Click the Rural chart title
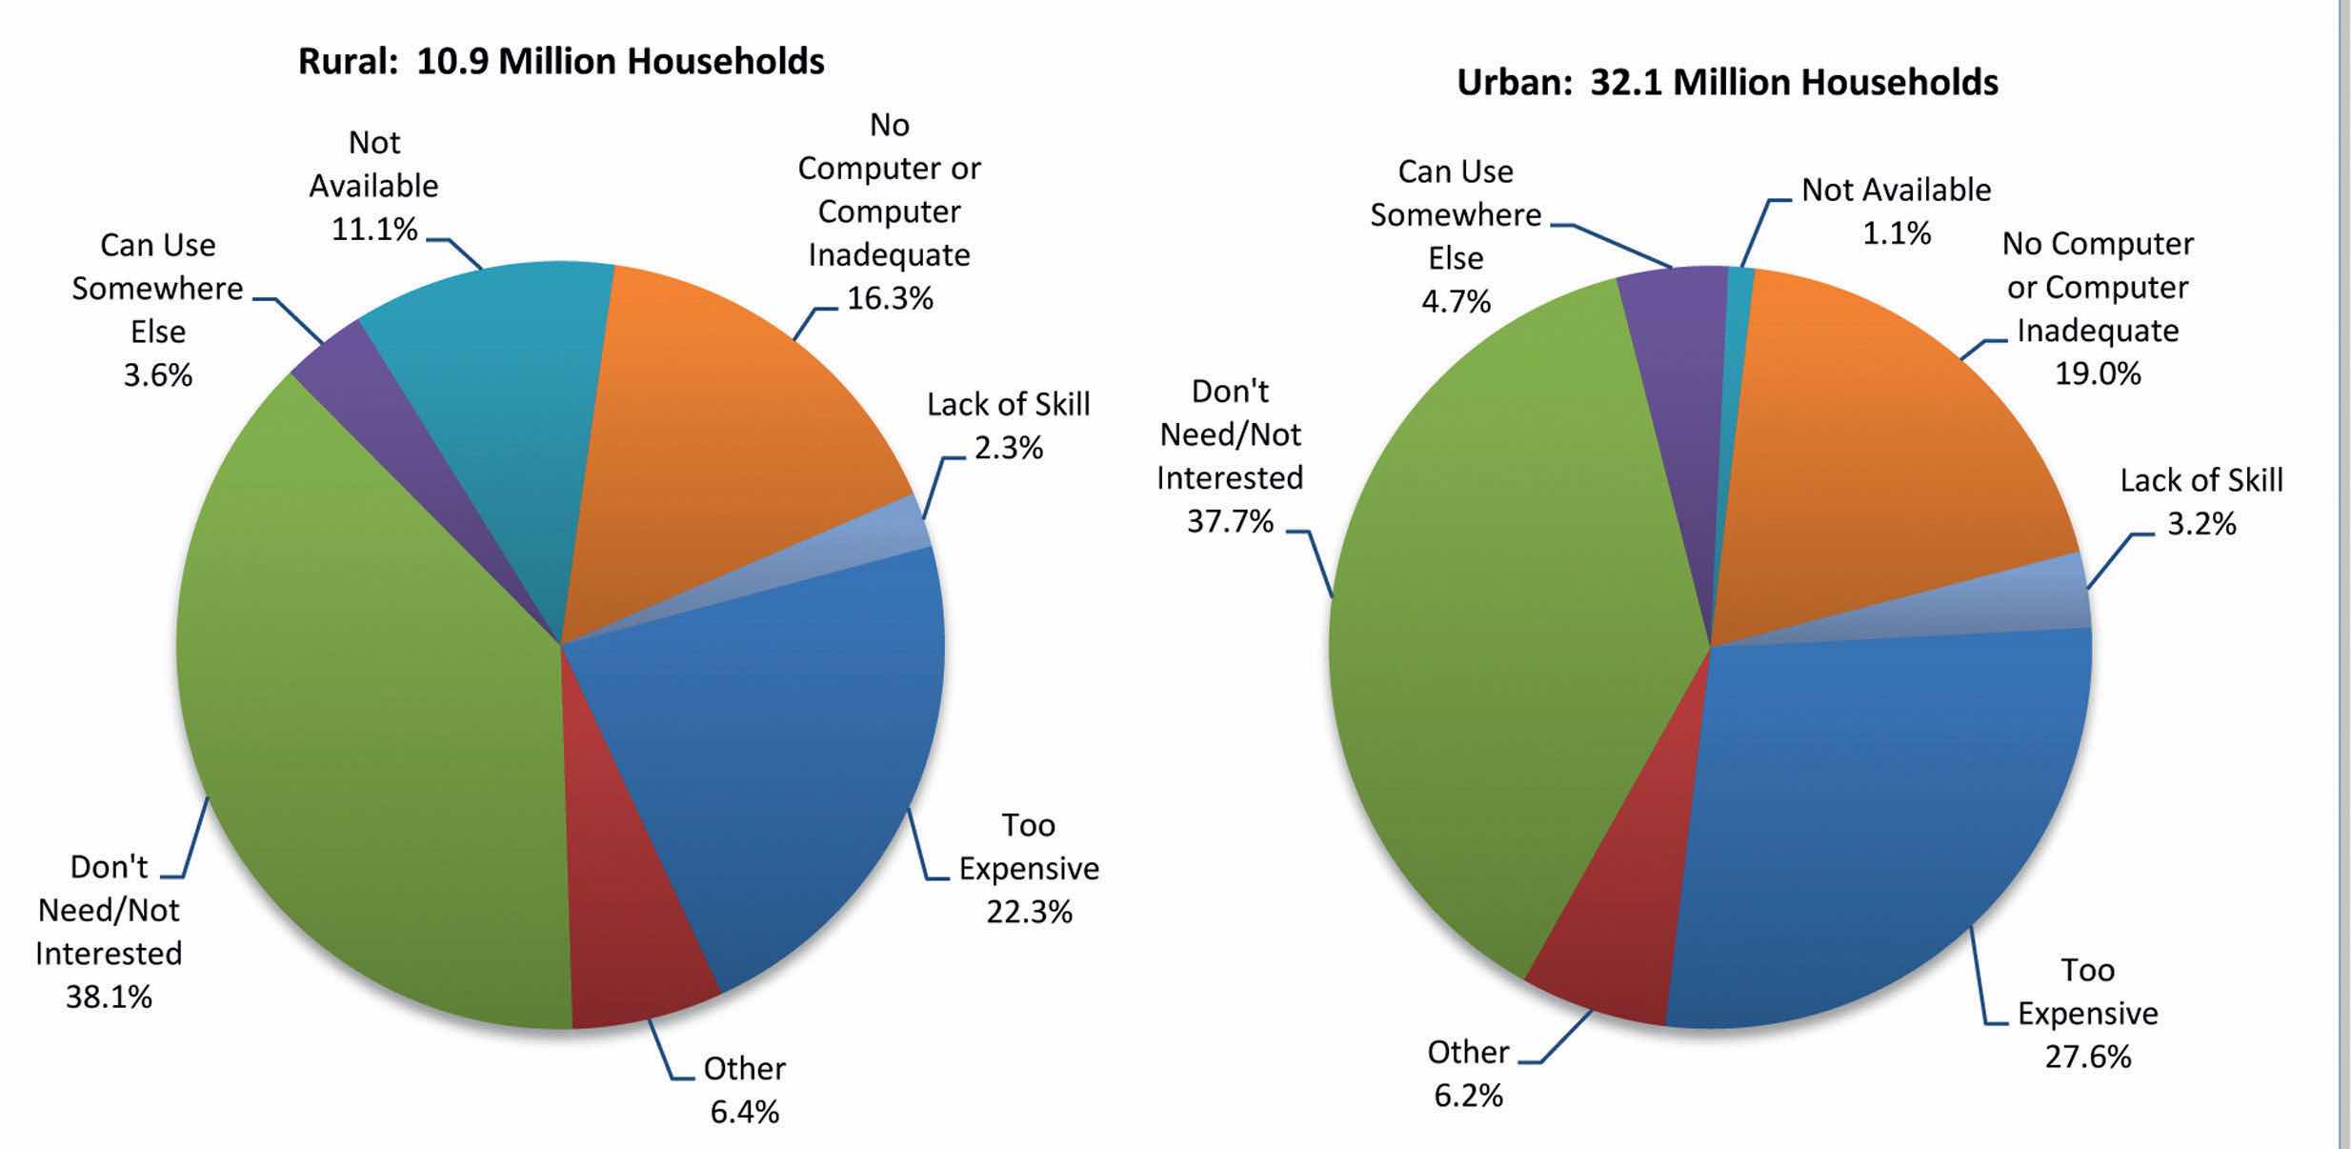click(x=561, y=62)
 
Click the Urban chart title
click(x=1727, y=83)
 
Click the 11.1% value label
click(x=374, y=230)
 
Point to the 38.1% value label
click(x=109, y=998)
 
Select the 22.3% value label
click(x=1029, y=913)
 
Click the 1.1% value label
click(x=1897, y=234)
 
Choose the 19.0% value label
click(x=2098, y=374)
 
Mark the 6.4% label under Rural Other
click(x=744, y=1112)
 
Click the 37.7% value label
click(x=1230, y=522)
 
